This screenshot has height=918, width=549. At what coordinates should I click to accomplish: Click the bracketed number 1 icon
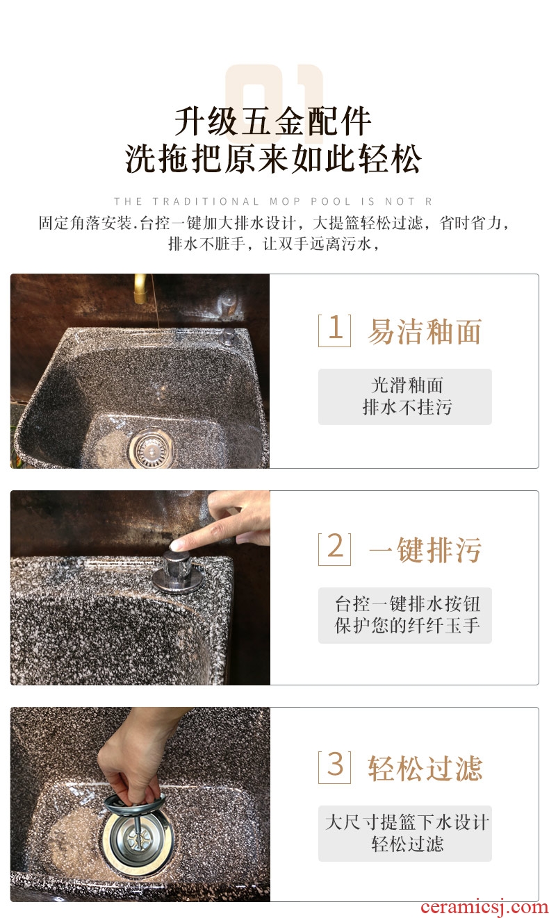334,331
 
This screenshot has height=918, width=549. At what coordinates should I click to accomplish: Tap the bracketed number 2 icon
334,549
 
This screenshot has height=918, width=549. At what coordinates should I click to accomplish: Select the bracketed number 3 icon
334,767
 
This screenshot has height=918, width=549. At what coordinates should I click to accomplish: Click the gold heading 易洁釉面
425,331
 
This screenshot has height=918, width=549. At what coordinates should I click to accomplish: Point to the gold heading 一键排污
425,550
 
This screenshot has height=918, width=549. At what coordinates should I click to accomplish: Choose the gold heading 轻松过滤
425,769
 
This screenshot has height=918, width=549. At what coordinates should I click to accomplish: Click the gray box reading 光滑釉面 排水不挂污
405,397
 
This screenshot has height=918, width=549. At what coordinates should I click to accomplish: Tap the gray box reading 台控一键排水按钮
405,615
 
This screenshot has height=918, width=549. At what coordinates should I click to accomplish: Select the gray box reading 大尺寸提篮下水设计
405,833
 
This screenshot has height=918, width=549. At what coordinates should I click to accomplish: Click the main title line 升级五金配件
274,122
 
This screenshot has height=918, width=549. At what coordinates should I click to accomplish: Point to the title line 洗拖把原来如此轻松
274,158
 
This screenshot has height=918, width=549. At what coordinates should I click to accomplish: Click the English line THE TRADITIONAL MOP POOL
273,201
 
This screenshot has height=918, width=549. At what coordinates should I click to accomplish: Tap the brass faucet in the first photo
140,288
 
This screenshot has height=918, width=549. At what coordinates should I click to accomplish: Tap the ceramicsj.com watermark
484,907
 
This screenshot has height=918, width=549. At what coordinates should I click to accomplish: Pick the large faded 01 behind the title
274,94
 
